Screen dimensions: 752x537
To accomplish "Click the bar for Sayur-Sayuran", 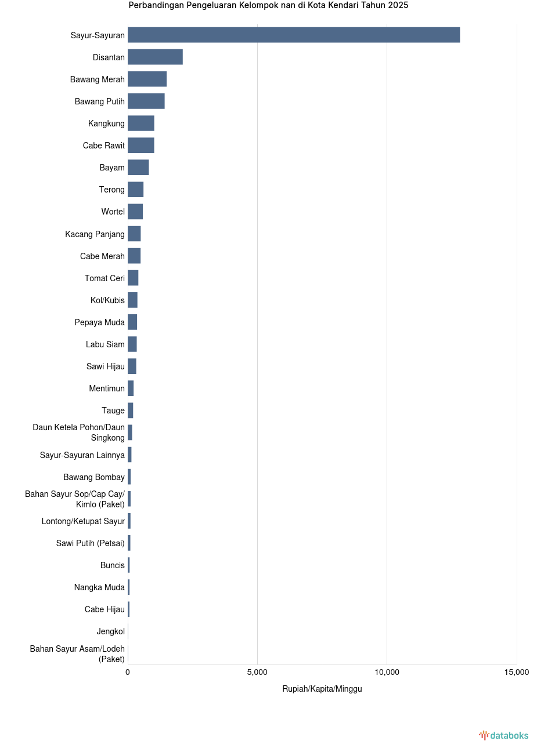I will (x=294, y=35).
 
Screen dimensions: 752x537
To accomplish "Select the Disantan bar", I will (x=155, y=57).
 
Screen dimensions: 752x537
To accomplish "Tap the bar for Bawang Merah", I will (x=147, y=79).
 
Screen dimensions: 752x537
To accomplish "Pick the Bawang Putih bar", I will (x=146, y=101).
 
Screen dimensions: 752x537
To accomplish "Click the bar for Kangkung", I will (x=140, y=123).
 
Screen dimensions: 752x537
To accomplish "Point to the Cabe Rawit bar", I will (x=140, y=145).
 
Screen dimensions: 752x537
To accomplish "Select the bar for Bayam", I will (x=138, y=167).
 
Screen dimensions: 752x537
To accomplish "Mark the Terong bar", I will (x=135, y=189).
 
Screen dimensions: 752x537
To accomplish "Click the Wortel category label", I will (x=113, y=212).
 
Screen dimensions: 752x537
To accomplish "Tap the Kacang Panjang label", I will (x=95, y=234).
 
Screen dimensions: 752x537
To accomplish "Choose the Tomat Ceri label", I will (x=104, y=278).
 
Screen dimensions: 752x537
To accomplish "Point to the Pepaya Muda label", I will (x=99, y=322).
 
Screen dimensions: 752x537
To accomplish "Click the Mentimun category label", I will (x=107, y=388).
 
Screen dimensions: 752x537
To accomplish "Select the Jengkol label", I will (x=110, y=631).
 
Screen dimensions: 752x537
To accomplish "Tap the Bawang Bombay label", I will (x=94, y=477).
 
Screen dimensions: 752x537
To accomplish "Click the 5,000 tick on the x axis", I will (x=257, y=672).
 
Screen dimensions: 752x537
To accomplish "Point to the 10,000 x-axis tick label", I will (x=387, y=672).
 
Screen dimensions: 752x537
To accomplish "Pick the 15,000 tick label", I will (x=516, y=672).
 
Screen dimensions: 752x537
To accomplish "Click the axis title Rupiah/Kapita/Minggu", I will (x=322, y=689).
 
